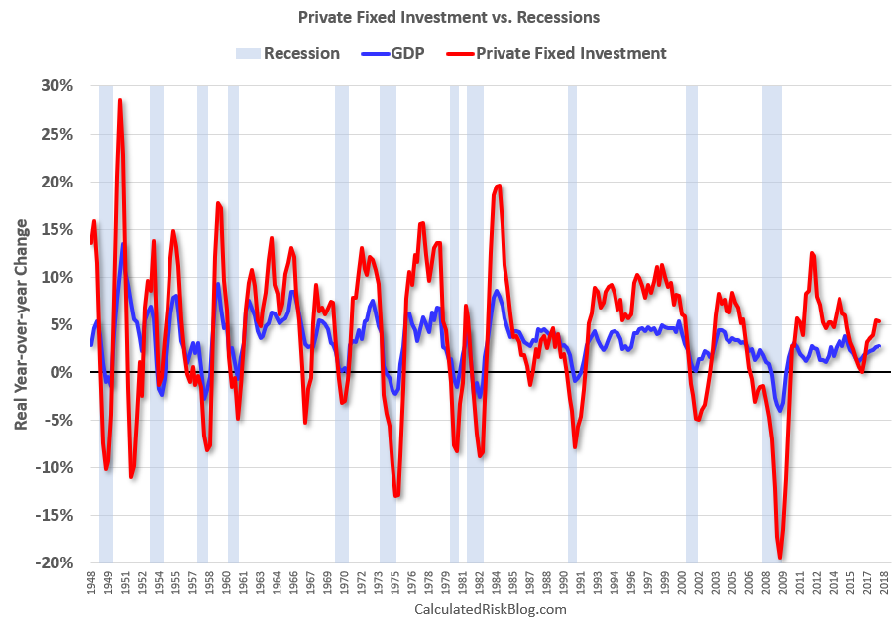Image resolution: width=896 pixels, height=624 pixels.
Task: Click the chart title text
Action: [x=448, y=17]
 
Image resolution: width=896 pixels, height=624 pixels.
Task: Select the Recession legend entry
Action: [x=287, y=53]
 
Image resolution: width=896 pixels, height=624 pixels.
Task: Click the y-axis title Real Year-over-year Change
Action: [x=21, y=324]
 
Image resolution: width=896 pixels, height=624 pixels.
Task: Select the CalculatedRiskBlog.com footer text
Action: [x=490, y=609]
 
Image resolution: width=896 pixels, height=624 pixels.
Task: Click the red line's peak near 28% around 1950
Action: [x=120, y=99]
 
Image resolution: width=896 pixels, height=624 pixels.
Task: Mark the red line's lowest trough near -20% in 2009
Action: [x=780, y=558]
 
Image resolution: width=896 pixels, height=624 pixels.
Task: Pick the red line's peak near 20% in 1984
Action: [x=498, y=186]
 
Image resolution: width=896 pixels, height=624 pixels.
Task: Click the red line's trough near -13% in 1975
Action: [x=396, y=495]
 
